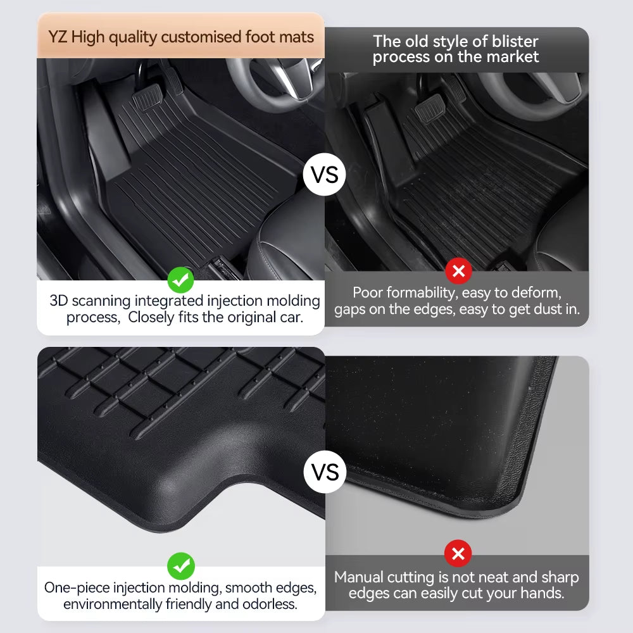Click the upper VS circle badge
[325, 174]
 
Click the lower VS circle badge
[325, 472]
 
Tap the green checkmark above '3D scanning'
[181, 279]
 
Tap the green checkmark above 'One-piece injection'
[181, 566]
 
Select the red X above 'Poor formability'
[458, 272]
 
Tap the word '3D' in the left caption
[59, 301]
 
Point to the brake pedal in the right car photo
[429, 114]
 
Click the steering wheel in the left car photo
[272, 79]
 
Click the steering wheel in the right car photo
[538, 95]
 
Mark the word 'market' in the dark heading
[513, 57]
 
